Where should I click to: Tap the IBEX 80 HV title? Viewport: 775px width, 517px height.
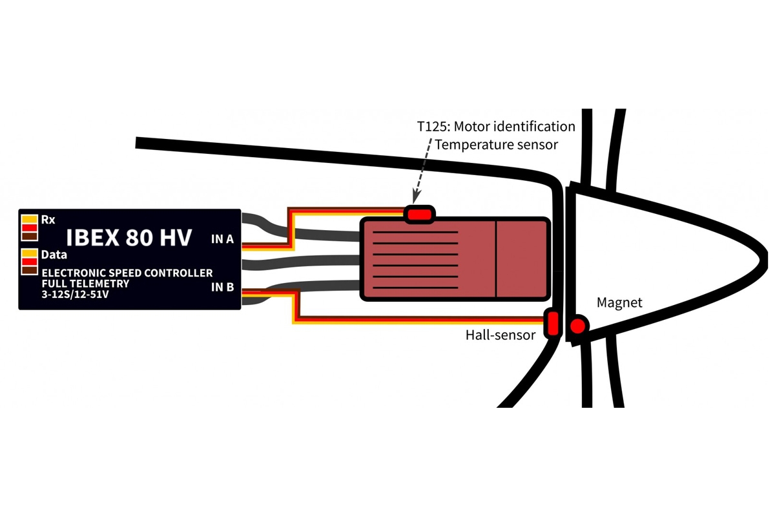tap(129, 237)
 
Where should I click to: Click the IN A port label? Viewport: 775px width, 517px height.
tap(222, 240)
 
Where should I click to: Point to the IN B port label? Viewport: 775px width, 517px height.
tap(222, 286)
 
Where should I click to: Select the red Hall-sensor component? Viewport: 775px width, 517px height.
tap(552, 324)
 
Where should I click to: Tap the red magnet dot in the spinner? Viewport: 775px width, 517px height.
tap(577, 327)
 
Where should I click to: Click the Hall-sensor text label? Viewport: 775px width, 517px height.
tap(501, 335)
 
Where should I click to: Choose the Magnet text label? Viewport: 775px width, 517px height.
tap(619, 302)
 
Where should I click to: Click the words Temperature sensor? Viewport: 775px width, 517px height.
tap(496, 145)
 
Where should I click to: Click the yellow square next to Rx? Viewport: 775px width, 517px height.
tap(30, 218)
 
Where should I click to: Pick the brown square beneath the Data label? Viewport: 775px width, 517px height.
tap(30, 269)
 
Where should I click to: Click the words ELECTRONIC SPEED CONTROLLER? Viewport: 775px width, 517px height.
tap(127, 273)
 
